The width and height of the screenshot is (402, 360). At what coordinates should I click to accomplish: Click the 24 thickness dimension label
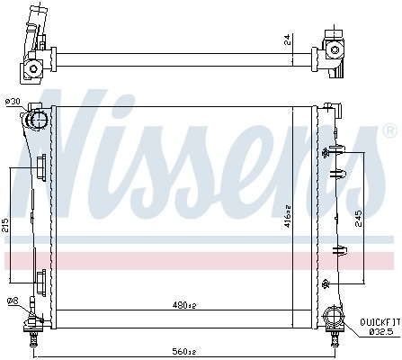pos(287,40)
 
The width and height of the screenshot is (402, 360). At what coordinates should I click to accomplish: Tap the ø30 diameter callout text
pos(13,102)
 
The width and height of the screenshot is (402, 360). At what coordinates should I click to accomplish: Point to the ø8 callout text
pos(13,300)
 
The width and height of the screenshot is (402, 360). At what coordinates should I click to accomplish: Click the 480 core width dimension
pos(184,305)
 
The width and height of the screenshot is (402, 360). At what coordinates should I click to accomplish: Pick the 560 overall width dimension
pos(183,351)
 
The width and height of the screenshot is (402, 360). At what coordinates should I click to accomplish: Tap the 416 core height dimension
pos(287,216)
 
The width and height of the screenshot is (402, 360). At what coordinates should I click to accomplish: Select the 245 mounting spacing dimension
pos(358,218)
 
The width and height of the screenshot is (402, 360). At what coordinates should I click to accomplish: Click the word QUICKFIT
pos(380,322)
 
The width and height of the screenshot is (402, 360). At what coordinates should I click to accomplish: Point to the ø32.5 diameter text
pos(381,332)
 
